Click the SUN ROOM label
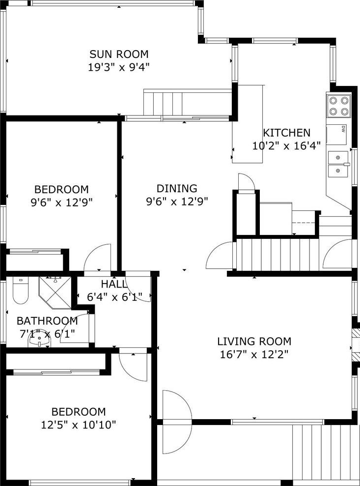pos(119,54)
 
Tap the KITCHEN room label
pos(286,133)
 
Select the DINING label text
pos(177,188)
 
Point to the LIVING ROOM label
pos(254,341)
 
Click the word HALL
pos(114,284)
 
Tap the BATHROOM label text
pos(47,321)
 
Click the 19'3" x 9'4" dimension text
pos(119,67)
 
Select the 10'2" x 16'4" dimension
pos(286,145)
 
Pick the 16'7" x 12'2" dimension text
pos(254,354)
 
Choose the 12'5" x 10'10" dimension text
pos(79,425)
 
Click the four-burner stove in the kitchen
pos(338,106)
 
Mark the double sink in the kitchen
pos(338,164)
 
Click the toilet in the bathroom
pos(21,290)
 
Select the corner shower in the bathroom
pos(55,292)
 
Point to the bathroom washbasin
pos(39,341)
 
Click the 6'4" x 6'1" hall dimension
pos(114,297)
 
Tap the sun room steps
pos(163,103)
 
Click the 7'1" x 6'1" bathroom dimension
pos(47,334)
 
